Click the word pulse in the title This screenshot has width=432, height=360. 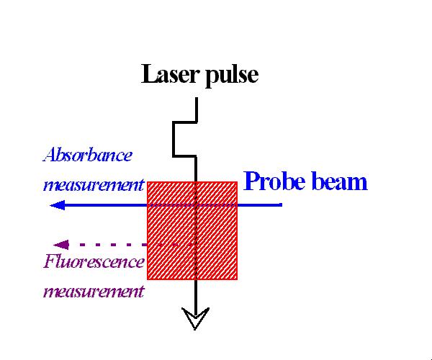tap(232, 76)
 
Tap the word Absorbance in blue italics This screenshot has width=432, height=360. tap(87, 155)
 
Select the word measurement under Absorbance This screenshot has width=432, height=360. tap(94, 185)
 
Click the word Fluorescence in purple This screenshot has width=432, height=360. tap(94, 261)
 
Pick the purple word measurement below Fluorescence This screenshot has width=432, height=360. tap(94, 292)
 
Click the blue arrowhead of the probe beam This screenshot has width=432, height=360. tap(58, 205)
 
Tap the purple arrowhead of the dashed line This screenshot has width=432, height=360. tap(60, 245)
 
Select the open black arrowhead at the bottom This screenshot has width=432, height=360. tap(195, 318)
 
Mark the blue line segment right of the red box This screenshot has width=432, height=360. tap(259, 204)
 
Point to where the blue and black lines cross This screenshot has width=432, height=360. tap(196, 204)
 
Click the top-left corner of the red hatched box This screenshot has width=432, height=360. tap(148, 181)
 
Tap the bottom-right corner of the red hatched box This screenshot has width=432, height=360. tap(237, 279)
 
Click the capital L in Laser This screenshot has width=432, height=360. tap(148, 74)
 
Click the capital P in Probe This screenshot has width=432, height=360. tap(251, 181)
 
